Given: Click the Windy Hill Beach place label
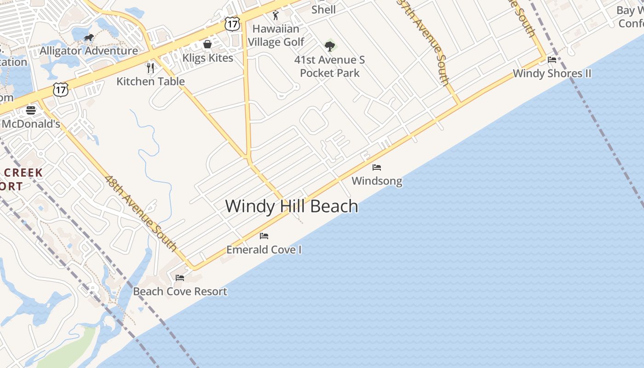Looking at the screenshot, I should coord(292,206).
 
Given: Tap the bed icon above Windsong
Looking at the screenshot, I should coord(377,167).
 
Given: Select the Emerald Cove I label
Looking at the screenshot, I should coord(264,250).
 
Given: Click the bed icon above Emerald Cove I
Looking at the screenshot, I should coord(264,236).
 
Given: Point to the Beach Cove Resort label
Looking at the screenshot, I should coord(180,292).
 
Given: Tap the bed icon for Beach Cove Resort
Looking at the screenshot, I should coord(180,278).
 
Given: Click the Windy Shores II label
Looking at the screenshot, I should coord(552,74).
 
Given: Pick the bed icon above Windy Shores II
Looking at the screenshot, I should coord(552,60).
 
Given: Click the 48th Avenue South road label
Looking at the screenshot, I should coord(141,213).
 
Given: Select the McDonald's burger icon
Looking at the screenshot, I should coord(31,110).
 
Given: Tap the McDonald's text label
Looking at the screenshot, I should coord(31,124).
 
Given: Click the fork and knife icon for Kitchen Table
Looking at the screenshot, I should coord(150,68).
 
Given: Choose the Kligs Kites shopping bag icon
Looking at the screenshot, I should coord(207,44).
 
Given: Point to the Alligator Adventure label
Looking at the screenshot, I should coord(89,51).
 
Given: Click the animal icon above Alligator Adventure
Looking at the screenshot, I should coord(89,37).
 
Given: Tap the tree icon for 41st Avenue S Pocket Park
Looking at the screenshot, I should coord(330,46).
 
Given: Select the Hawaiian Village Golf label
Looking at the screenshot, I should coord(276,35).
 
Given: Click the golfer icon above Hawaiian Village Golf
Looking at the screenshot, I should coord(276,15).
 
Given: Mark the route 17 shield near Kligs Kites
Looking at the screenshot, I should coord(232,24).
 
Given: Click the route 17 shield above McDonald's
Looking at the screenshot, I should coord(61,89).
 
